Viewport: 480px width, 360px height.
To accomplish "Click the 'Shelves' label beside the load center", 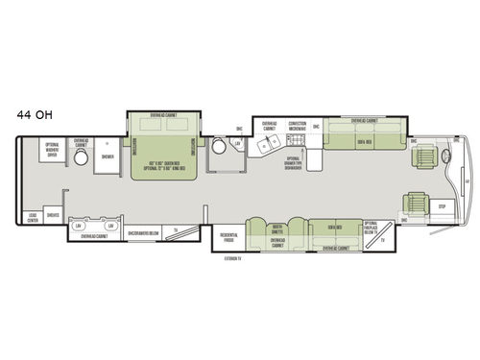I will coord(54,216).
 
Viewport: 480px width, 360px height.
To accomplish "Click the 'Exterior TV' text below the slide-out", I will coord(228,258).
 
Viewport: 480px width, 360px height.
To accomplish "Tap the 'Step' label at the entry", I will coord(442,206).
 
